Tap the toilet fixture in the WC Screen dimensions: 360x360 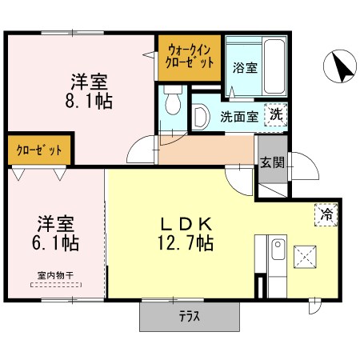tap(173, 100)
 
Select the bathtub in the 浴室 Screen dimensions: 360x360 tap(274, 66)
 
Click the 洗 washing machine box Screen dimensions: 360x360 tap(276, 114)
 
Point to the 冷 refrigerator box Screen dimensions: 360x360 tap(326, 214)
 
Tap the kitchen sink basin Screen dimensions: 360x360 tap(278, 250)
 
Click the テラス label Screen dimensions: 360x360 tap(190, 317)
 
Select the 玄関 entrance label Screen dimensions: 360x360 tap(272, 162)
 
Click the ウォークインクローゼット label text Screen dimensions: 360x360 tap(190, 57)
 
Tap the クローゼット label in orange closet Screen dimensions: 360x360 tap(39, 150)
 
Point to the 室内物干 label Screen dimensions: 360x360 tap(55, 275)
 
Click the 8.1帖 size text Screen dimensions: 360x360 tap(89, 102)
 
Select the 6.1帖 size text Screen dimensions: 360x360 tap(55, 243)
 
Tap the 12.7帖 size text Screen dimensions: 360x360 tap(186, 243)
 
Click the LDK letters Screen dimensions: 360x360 tap(186, 224)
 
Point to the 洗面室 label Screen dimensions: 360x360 tap(239, 117)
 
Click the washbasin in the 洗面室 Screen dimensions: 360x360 tap(201, 117)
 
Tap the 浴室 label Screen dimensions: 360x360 tap(245, 67)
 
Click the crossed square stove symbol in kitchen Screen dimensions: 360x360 tap(305, 257)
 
